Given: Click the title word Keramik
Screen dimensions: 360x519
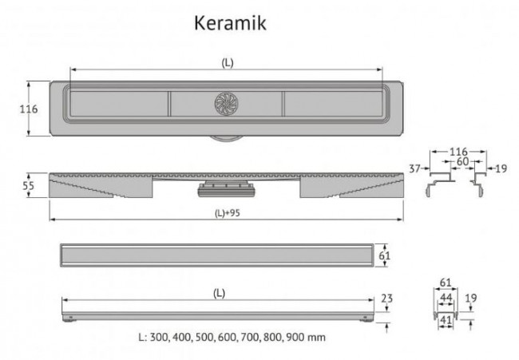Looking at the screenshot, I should tap(230, 23).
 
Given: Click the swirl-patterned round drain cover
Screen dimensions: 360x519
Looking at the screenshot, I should tap(226, 104).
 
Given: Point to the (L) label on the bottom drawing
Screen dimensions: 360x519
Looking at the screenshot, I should tap(219, 293).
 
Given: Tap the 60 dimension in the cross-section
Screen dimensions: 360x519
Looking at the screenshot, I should tap(462, 160).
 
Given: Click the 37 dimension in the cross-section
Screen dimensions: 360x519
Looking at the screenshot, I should tap(414, 168).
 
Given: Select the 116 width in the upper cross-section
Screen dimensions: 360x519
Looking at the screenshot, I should tap(458, 151).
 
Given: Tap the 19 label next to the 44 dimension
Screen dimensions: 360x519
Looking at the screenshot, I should tap(471, 298).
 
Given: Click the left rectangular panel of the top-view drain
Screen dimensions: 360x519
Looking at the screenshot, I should tap(117, 104).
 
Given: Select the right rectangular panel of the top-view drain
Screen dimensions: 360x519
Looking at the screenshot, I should tap(334, 104).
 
